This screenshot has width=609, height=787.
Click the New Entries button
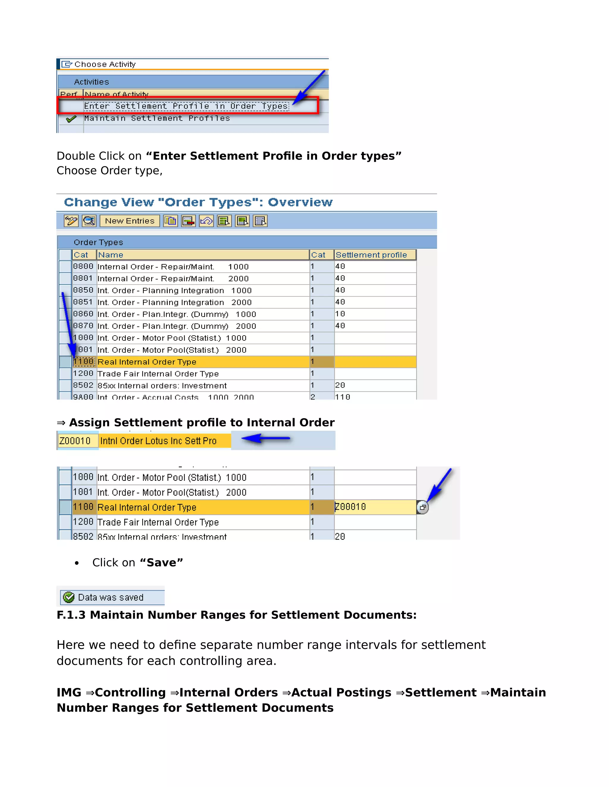click(x=130, y=221)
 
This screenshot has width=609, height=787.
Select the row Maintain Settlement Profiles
click(x=157, y=118)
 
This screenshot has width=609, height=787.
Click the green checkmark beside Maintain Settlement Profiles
click(x=71, y=119)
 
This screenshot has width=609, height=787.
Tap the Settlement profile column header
click(x=371, y=255)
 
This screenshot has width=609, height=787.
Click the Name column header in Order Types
click(x=111, y=255)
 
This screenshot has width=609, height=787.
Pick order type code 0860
click(x=83, y=314)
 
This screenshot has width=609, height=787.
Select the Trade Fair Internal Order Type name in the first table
click(x=158, y=374)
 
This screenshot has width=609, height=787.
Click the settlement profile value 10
click(x=340, y=314)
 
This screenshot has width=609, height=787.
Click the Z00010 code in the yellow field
click(x=75, y=441)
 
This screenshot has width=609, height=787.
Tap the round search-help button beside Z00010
click(x=423, y=507)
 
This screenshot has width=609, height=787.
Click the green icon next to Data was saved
click(x=69, y=598)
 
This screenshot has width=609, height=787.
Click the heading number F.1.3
click(x=71, y=615)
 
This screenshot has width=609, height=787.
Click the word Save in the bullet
click(x=161, y=562)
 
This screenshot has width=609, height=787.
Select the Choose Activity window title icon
click(x=66, y=64)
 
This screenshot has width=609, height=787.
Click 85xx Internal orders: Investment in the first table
click(x=162, y=385)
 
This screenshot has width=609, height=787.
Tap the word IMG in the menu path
click(x=69, y=693)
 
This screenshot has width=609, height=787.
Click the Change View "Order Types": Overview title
click(x=198, y=203)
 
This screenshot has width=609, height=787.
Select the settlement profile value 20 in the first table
click(x=340, y=385)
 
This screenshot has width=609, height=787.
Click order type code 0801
click(x=83, y=278)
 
